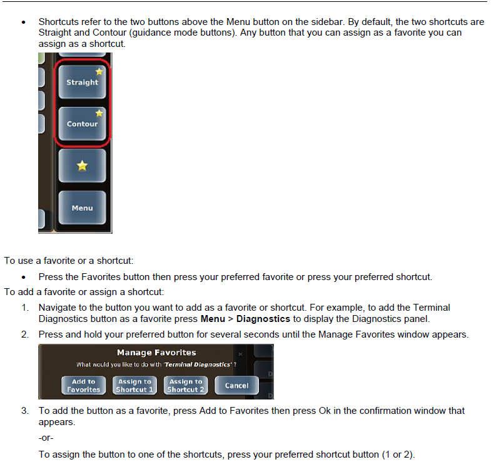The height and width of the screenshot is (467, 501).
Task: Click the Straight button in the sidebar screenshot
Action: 82,82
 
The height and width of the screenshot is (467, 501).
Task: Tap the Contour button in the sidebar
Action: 82,124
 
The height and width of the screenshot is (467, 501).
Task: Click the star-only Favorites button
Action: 82,166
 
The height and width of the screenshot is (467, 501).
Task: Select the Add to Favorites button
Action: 83,386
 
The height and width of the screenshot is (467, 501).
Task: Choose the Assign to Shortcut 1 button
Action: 134,386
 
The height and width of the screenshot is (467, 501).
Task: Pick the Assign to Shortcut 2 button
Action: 185,386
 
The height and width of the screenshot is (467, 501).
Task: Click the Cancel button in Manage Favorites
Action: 236,386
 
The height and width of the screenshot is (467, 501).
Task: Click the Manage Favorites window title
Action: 156,353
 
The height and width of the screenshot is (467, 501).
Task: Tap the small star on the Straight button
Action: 99,72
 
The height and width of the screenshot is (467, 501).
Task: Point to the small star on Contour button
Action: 99,113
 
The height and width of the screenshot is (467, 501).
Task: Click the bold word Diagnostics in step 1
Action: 263,319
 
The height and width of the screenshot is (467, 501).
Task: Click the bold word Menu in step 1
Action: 213,319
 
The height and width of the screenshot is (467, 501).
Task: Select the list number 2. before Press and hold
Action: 25,334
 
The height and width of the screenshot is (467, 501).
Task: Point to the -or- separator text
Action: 46,438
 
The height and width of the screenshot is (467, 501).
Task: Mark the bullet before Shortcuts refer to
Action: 23,22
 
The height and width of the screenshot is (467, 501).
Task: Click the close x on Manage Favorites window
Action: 241,354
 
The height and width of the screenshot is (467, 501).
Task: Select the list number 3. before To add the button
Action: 25,411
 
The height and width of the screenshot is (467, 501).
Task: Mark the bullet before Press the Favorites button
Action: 23,277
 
